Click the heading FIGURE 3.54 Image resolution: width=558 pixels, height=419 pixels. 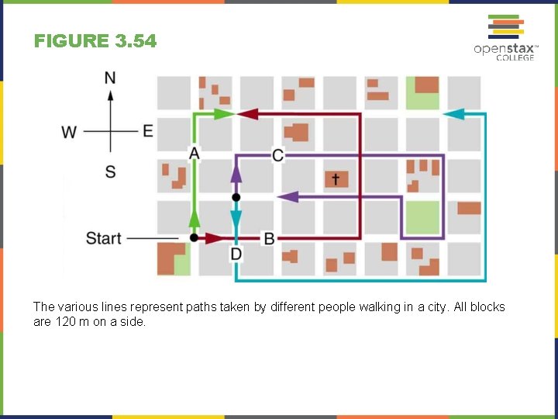[x=95, y=41]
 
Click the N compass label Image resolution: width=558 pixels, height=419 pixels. [x=110, y=78]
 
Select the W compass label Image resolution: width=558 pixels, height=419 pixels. [x=69, y=132]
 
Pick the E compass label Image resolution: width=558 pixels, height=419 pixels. [x=148, y=130]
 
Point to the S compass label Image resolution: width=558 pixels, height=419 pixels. [x=110, y=171]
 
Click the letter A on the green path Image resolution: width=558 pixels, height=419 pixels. [x=194, y=154]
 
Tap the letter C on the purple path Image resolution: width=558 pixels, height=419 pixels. [x=277, y=155]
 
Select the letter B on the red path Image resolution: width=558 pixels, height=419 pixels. [x=269, y=238]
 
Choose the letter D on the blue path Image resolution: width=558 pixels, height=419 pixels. [x=236, y=255]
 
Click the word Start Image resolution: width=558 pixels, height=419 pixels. [x=103, y=238]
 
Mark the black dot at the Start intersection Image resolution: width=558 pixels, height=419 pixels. [x=194, y=238]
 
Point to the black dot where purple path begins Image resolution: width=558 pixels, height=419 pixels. [x=236, y=198]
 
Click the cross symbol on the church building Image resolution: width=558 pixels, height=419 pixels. [x=336, y=179]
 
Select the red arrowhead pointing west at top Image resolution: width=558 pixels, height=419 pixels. [x=247, y=114]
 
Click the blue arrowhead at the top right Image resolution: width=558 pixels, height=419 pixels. [x=453, y=114]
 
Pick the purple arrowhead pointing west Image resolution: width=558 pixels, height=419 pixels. [x=288, y=197]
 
